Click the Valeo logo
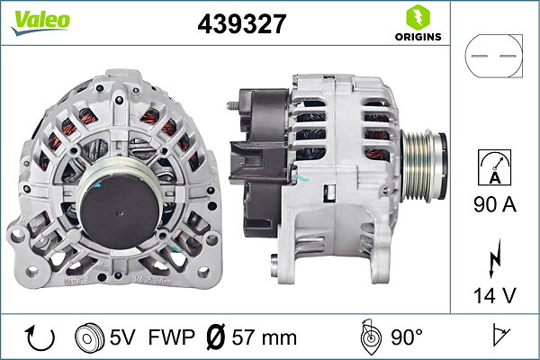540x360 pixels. click(x=40, y=22)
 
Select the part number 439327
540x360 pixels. click(x=242, y=23)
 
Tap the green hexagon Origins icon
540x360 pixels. click(x=418, y=17)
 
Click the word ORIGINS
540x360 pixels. click(x=418, y=37)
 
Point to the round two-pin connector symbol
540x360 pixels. click(x=493, y=56)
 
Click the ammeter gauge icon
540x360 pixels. click(x=494, y=167)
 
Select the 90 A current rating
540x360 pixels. click(x=495, y=204)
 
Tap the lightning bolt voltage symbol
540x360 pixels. click(x=495, y=258)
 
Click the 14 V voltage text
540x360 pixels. click(x=495, y=295)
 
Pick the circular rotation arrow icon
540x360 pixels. click(x=40, y=337)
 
